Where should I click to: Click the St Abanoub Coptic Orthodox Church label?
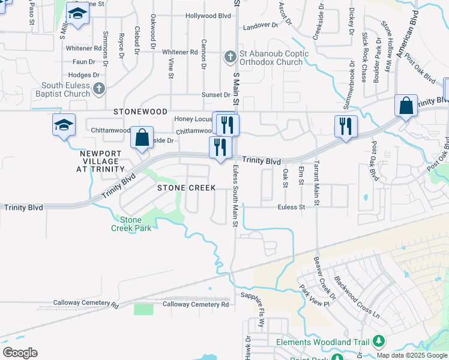point(274,58)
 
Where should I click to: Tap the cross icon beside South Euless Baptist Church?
point(100,89)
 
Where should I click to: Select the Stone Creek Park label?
point(131,223)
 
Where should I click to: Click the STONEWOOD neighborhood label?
point(140,112)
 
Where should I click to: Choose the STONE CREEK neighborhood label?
point(186,188)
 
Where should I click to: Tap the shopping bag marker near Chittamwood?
point(142,137)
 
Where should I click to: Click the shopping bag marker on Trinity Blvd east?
point(406,106)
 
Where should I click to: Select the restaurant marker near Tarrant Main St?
point(346,126)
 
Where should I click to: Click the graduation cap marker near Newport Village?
point(64,125)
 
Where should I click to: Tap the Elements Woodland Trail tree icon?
point(378,341)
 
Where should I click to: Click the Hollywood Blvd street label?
point(208,16)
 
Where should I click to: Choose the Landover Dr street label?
point(261,26)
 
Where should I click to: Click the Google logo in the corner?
point(20,353)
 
